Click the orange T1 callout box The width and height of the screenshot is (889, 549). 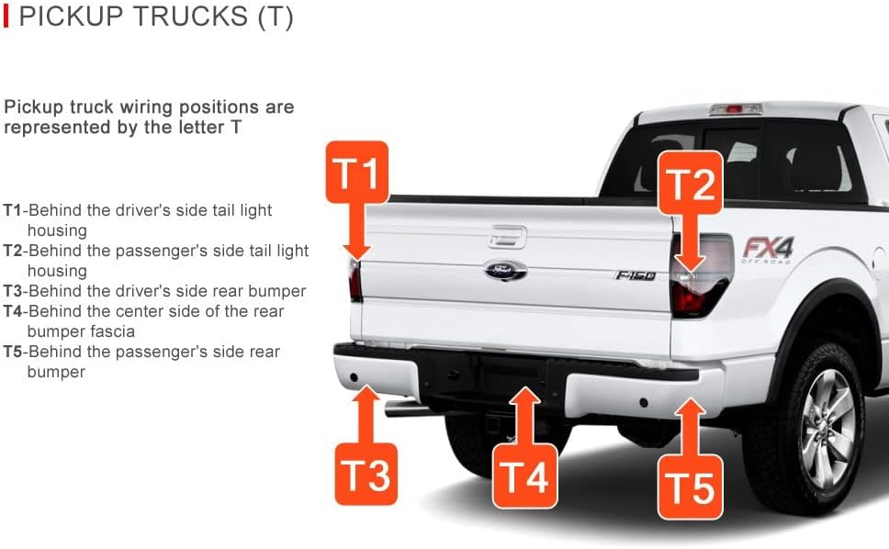click(x=357, y=173)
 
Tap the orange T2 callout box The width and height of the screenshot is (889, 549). click(x=690, y=183)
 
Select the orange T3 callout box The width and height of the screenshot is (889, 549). click(x=366, y=475)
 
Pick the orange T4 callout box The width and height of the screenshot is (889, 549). click(x=525, y=476)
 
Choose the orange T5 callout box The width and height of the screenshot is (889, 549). click(x=690, y=487)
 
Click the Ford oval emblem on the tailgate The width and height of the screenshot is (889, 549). click(x=505, y=270)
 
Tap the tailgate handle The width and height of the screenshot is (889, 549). click(x=508, y=237)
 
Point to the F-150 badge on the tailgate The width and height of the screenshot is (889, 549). click(x=636, y=275)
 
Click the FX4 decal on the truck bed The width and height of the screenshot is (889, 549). click(x=768, y=250)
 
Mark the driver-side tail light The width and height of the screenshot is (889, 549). click(x=354, y=280)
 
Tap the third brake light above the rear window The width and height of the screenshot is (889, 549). click(x=735, y=108)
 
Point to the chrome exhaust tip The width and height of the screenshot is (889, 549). click(x=404, y=409)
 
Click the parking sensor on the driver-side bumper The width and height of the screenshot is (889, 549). click(x=354, y=376)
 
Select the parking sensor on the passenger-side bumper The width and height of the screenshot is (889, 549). click(x=644, y=402)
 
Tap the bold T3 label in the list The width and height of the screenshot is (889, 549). click(x=13, y=291)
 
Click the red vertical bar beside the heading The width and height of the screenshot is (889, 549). click(x=6, y=16)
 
